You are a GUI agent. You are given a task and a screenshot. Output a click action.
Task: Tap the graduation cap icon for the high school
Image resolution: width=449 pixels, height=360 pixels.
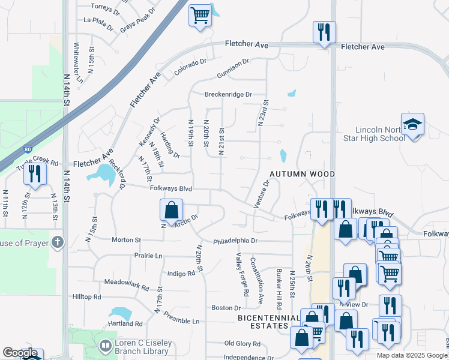(412, 125)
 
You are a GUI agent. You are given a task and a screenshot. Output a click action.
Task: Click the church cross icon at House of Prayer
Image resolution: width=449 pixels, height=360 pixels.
(57, 242)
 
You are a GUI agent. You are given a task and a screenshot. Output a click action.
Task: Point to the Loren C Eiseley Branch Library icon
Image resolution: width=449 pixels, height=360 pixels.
(106, 346)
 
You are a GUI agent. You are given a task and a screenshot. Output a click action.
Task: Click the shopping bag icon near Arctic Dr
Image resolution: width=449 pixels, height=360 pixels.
(171, 210)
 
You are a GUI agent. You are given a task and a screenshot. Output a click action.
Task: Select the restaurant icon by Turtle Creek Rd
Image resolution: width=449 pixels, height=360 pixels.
(35, 174)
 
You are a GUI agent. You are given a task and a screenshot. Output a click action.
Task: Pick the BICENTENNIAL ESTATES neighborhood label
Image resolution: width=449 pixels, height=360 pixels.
(268, 322)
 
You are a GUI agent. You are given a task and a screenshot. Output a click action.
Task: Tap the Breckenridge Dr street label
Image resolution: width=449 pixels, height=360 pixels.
(228, 94)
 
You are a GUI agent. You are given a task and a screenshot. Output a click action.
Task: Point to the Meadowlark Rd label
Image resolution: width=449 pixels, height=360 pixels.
(126, 281)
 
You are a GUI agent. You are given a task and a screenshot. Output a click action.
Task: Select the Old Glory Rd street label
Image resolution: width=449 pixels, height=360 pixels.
(242, 344)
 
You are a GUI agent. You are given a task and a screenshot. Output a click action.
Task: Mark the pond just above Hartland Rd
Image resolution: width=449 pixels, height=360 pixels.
(120, 314)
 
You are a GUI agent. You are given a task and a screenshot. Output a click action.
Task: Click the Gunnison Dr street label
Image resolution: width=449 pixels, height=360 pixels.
(229, 66)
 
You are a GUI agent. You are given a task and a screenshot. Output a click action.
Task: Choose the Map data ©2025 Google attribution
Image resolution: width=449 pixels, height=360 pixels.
(412, 355)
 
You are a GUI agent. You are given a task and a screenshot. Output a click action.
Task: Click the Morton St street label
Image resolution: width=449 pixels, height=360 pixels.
(126, 239)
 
